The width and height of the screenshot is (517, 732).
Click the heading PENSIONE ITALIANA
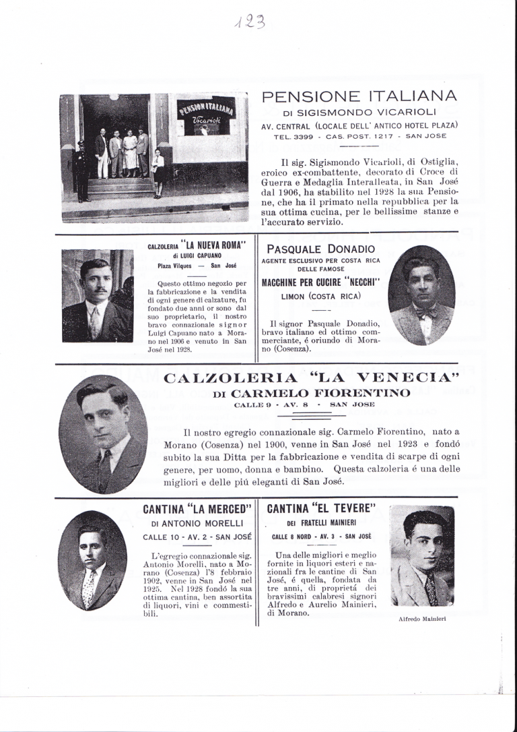[x=359, y=96]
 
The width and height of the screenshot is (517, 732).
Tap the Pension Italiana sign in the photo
[x=205, y=107]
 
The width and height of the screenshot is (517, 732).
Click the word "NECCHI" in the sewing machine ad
[x=356, y=282]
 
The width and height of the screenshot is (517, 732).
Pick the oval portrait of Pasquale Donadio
[x=421, y=295]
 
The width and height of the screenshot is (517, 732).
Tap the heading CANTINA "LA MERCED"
[x=197, y=508]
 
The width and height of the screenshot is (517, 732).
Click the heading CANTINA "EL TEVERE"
[x=321, y=508]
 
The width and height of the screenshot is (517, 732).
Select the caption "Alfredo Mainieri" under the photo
[x=422, y=618]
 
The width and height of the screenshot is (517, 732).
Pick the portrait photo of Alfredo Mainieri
[x=422, y=557]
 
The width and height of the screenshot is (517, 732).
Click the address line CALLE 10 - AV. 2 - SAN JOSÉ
[x=197, y=537]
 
